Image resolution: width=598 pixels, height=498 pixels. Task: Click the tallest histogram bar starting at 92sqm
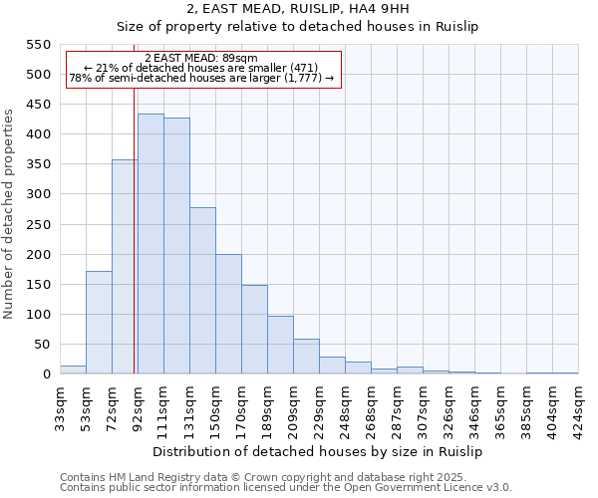(x=150, y=244)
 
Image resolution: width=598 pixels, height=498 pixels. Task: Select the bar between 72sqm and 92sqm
(x=125, y=267)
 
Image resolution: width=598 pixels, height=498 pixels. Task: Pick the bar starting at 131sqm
(x=202, y=291)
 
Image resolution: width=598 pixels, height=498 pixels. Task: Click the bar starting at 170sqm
(x=254, y=330)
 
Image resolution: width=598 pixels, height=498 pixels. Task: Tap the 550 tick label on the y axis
(x=37, y=45)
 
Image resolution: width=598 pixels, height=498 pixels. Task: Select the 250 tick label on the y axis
(x=37, y=224)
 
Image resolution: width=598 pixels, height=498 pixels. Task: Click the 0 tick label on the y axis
(x=45, y=374)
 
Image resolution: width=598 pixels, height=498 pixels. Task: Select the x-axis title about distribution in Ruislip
(x=319, y=451)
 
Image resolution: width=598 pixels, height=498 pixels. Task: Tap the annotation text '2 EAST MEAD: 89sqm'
(x=201, y=59)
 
